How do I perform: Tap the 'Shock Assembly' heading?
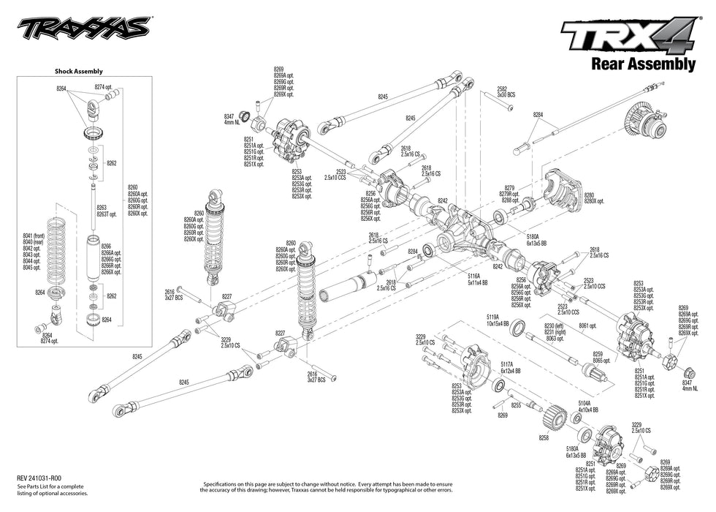point(78,72)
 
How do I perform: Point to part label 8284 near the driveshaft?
point(538,115)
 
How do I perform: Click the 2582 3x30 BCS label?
point(506,91)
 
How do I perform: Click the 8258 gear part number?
point(543,437)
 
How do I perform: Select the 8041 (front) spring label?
point(34,236)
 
